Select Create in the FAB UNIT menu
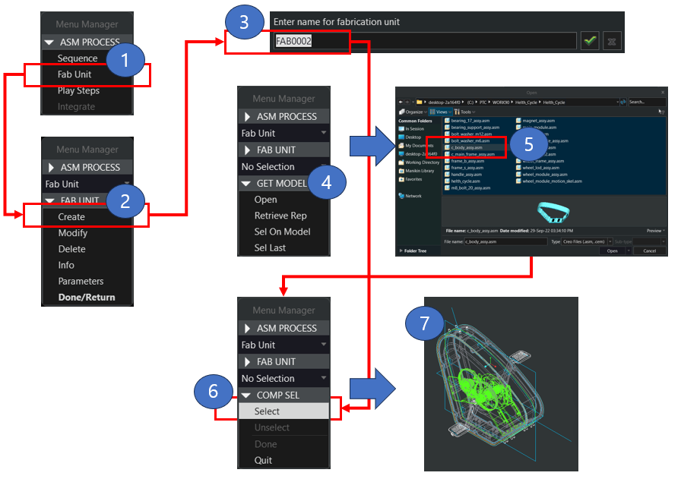71,216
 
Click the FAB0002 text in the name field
293,41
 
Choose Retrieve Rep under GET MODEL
280,216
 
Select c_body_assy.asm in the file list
467,147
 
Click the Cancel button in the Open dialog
649,251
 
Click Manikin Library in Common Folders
420,171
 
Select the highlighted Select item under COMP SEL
268,411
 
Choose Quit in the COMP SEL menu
263,460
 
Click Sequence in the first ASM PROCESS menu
78,58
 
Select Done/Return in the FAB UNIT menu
87,297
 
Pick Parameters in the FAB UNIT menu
81,281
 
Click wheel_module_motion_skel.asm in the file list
551,181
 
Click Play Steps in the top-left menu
78,91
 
